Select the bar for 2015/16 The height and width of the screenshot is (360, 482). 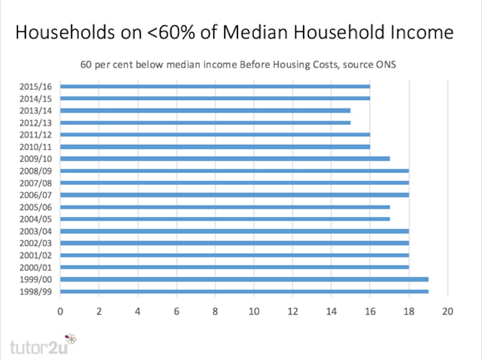(215, 86)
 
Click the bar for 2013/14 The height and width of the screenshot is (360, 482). (205, 110)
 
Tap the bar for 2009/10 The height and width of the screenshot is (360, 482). (225, 159)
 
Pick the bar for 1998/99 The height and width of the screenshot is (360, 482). (244, 291)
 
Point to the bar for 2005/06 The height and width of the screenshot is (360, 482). (225, 207)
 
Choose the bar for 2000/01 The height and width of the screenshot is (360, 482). (234, 267)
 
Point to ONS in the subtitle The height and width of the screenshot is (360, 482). (386, 65)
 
